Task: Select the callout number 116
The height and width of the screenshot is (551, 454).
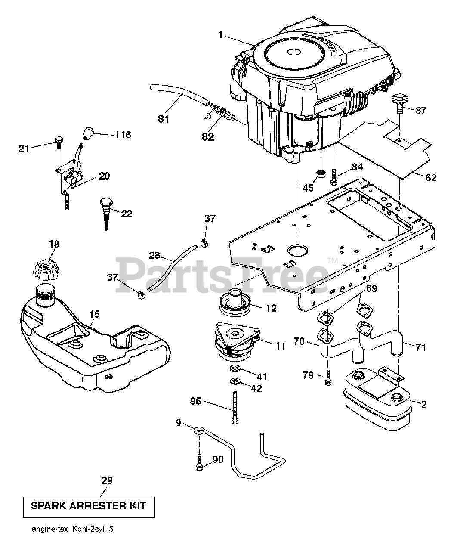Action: (123, 135)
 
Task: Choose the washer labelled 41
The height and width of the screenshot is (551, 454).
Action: (235, 369)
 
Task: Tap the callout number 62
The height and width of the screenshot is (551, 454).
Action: (431, 177)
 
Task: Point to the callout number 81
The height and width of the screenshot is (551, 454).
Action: (164, 119)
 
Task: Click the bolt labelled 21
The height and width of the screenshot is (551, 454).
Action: (59, 142)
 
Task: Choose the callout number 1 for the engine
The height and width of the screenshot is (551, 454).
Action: (221, 35)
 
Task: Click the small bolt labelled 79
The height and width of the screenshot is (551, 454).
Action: (328, 377)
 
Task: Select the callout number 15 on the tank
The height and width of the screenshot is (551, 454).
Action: (95, 314)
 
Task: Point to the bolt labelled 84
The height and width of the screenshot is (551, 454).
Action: (334, 176)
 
